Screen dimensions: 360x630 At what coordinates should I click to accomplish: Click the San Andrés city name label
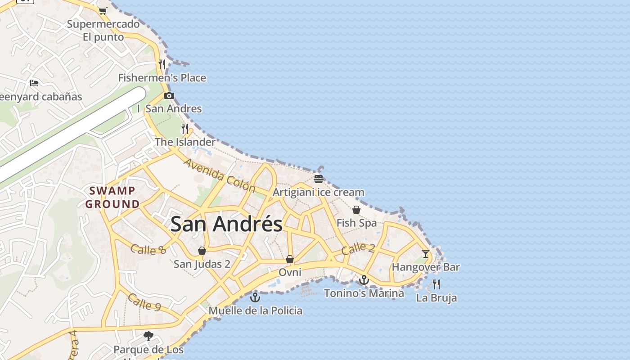(x=226, y=224)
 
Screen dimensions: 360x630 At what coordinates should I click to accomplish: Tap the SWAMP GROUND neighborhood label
(x=112, y=197)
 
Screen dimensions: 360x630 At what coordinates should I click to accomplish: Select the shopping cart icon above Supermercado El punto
(x=103, y=11)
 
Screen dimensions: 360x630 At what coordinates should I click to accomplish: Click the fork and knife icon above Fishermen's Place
(x=162, y=64)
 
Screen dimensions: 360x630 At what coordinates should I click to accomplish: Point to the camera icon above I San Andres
(x=169, y=95)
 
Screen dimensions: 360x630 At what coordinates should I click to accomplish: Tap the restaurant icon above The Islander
(x=185, y=129)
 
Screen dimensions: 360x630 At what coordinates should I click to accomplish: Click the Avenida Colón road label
(x=220, y=175)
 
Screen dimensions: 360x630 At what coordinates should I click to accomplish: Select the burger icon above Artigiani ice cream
(x=319, y=179)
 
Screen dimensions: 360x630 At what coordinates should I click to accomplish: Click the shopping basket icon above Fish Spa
(x=356, y=210)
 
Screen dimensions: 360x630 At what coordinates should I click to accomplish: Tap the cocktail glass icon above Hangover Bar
(x=425, y=253)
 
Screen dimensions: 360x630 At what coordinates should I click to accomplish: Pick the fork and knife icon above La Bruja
(x=436, y=284)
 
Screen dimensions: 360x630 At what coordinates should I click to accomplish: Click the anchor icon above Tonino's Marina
(x=364, y=280)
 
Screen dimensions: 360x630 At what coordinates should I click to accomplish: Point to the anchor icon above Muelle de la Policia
(x=255, y=297)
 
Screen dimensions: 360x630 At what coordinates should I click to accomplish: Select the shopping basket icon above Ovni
(x=290, y=259)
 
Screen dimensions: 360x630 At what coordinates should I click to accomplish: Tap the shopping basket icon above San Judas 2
(x=202, y=251)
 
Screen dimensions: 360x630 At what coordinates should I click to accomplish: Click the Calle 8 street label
(x=148, y=249)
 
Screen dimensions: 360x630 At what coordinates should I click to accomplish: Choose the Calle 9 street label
(x=144, y=302)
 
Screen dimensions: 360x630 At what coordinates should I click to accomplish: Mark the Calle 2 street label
(x=358, y=248)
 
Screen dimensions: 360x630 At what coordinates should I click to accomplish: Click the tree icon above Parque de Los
(x=148, y=336)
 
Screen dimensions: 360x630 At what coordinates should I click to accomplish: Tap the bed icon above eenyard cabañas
(x=34, y=83)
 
